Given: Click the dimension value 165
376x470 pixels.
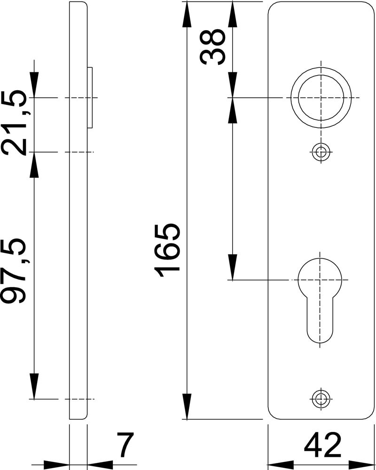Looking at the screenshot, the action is click(167, 250).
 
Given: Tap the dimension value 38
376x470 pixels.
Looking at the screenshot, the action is click(212, 47).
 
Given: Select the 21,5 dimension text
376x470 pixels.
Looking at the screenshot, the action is click(17, 123).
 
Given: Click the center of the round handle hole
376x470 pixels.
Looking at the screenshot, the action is click(321, 98).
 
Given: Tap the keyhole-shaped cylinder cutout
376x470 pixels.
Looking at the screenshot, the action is click(320, 300).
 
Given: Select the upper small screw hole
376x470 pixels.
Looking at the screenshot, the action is click(321, 152).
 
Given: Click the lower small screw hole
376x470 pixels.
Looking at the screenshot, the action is click(321, 399).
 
